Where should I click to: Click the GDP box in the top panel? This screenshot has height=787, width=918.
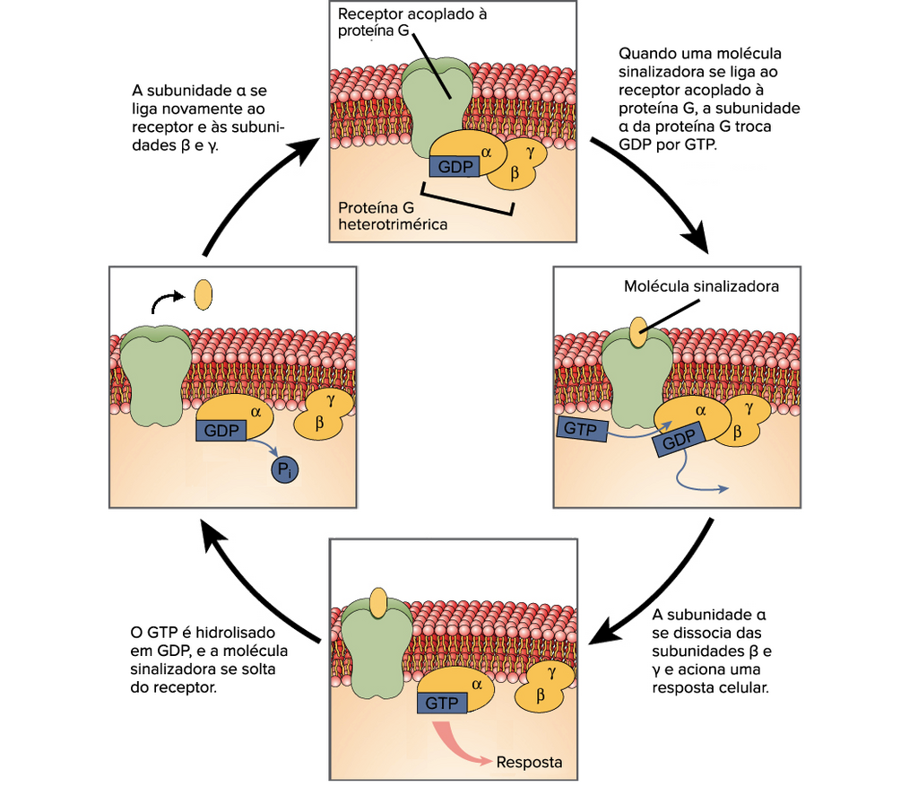click(x=455, y=167)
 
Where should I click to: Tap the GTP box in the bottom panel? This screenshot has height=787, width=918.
click(x=442, y=703)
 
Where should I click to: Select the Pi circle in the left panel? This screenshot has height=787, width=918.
click(x=285, y=469)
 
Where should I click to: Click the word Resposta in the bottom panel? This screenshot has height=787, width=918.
click(x=529, y=763)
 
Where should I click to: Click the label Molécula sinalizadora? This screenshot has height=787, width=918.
click(x=701, y=286)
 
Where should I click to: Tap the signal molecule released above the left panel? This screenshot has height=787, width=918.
click(x=204, y=294)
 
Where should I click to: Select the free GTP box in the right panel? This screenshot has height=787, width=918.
click(x=582, y=429)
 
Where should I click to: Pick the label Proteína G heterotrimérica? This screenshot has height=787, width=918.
click(x=393, y=215)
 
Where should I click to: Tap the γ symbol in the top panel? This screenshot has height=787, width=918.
click(x=531, y=153)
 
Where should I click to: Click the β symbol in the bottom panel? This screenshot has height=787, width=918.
click(x=541, y=695)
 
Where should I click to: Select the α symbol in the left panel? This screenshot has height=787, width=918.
click(x=255, y=412)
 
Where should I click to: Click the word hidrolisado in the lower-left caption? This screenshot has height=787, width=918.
click(x=236, y=633)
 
